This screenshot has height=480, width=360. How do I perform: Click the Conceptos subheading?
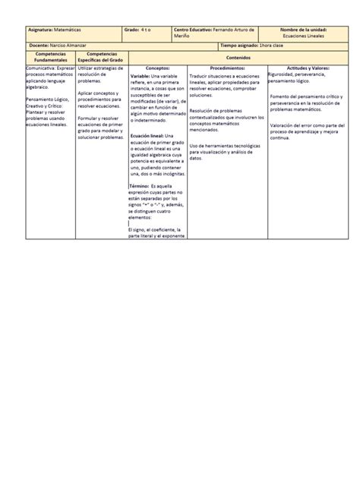(157, 68)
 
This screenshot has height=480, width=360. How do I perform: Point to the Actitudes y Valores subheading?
(303, 68)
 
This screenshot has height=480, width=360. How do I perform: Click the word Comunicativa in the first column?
(39, 68)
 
